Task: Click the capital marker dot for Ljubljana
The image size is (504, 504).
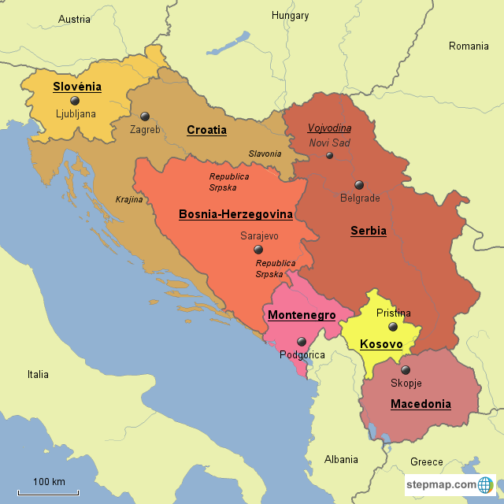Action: [x=75, y=101]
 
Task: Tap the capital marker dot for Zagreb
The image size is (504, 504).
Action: [x=145, y=116]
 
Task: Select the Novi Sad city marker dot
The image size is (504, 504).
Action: [x=329, y=155]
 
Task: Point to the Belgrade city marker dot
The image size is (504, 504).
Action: [x=359, y=184]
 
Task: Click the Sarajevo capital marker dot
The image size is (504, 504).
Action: [x=258, y=249]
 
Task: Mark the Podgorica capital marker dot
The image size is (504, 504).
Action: [x=302, y=342]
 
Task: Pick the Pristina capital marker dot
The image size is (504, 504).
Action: [x=393, y=326]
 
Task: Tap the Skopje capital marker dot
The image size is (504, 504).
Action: [x=406, y=369]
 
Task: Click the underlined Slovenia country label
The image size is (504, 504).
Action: [x=76, y=87]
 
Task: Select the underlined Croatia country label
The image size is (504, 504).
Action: [x=206, y=130]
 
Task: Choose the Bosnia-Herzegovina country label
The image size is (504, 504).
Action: [x=235, y=213]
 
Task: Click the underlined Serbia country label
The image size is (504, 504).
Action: [x=368, y=231]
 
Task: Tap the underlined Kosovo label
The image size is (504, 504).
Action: [x=381, y=344]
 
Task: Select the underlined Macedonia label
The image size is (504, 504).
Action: [x=421, y=404]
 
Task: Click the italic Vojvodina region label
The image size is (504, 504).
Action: [x=329, y=128]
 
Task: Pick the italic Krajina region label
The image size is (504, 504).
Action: [x=129, y=199]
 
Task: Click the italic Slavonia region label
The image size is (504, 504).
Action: [x=265, y=154]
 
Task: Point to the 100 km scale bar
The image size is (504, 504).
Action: [x=49, y=492]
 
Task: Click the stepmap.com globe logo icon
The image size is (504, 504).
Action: [x=487, y=484]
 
